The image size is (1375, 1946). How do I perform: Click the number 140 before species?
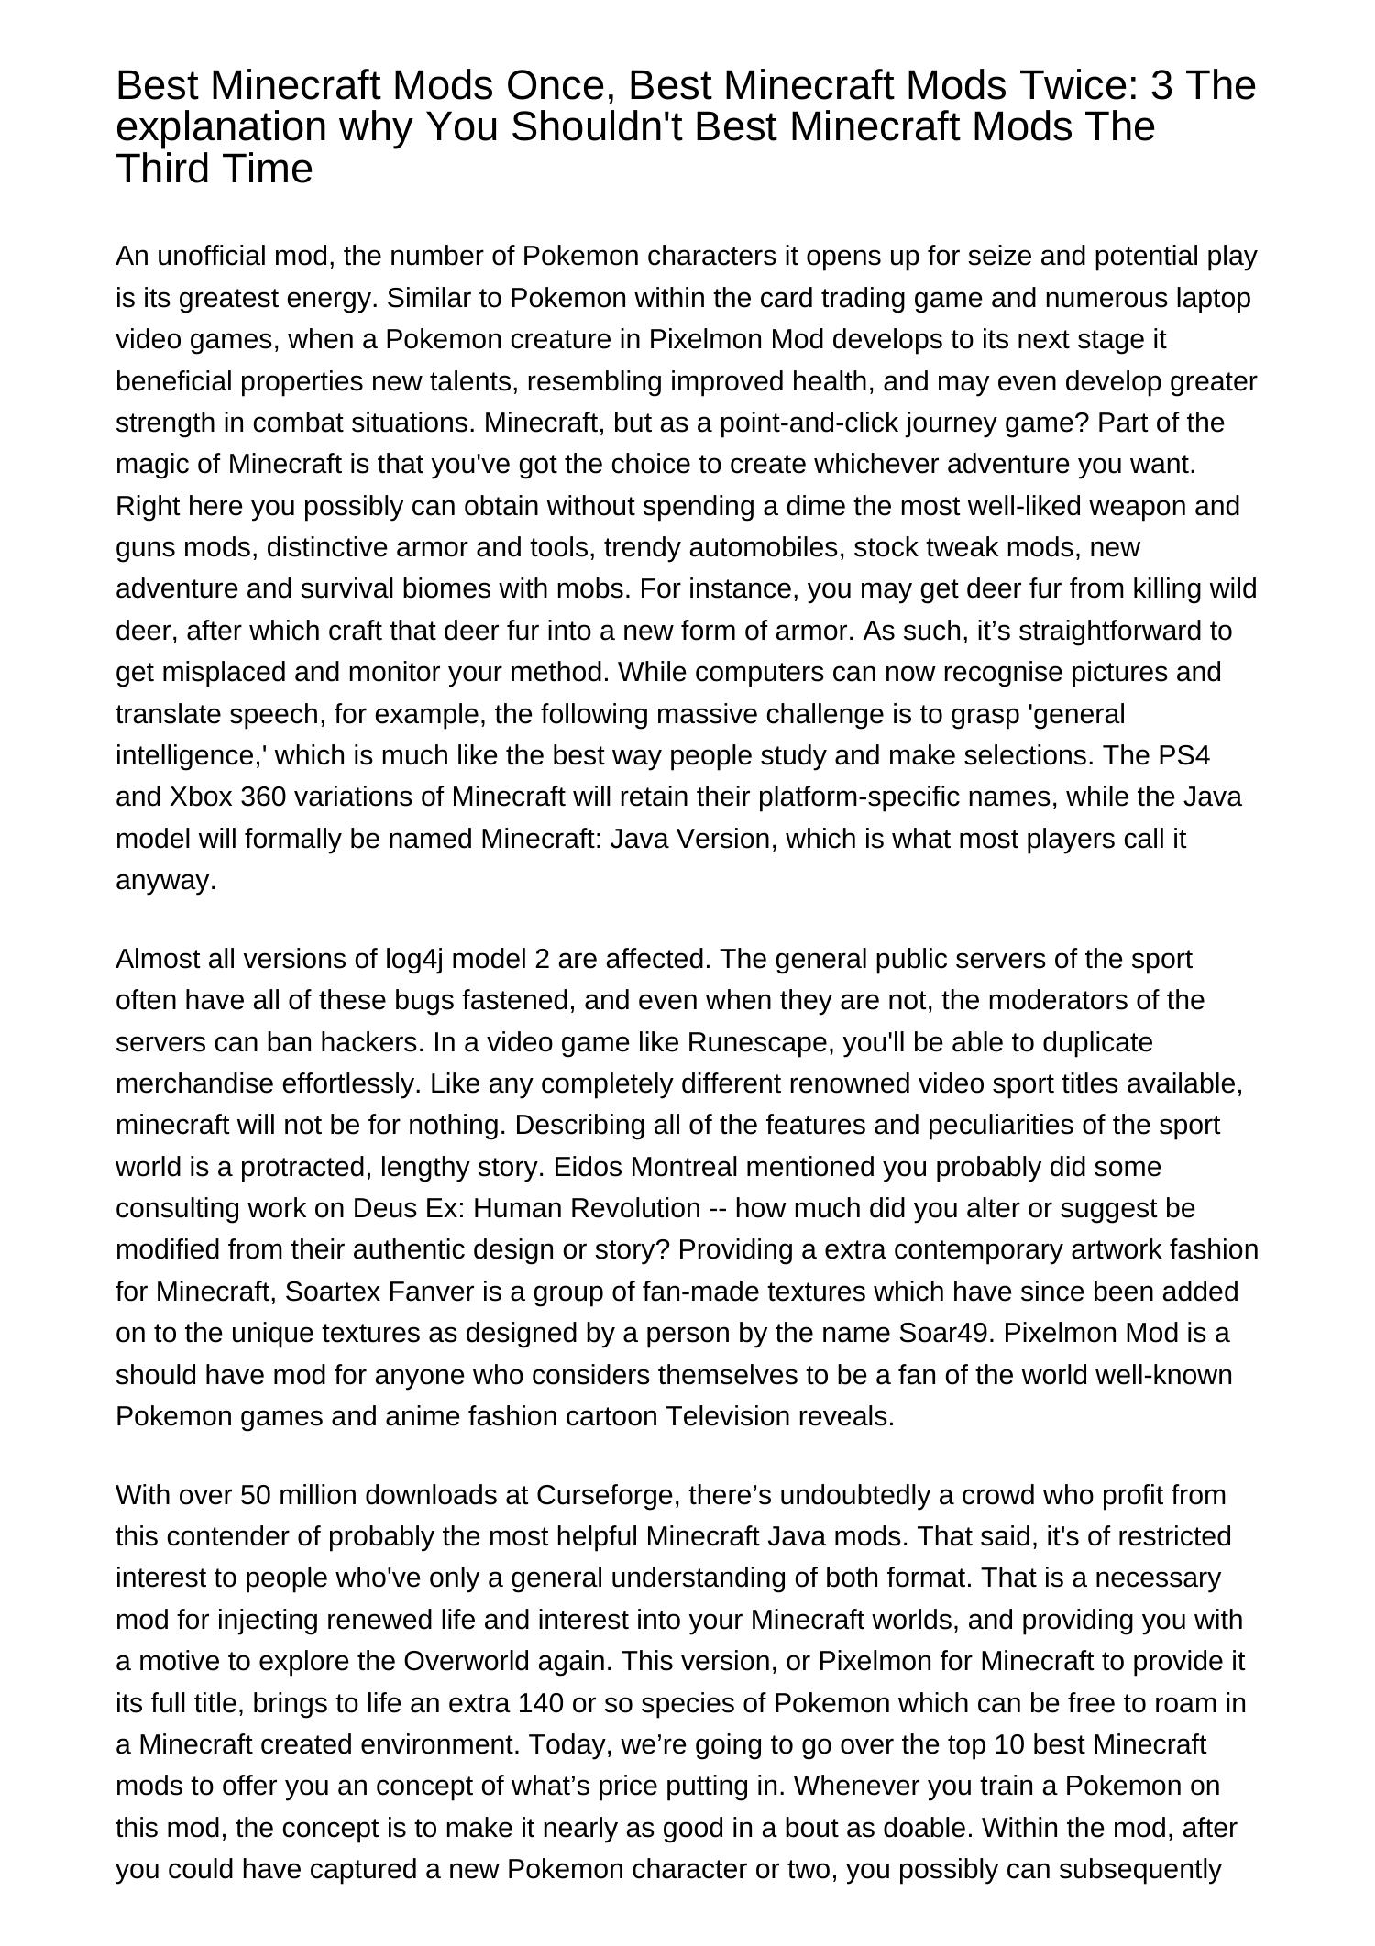pos(540,1703)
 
